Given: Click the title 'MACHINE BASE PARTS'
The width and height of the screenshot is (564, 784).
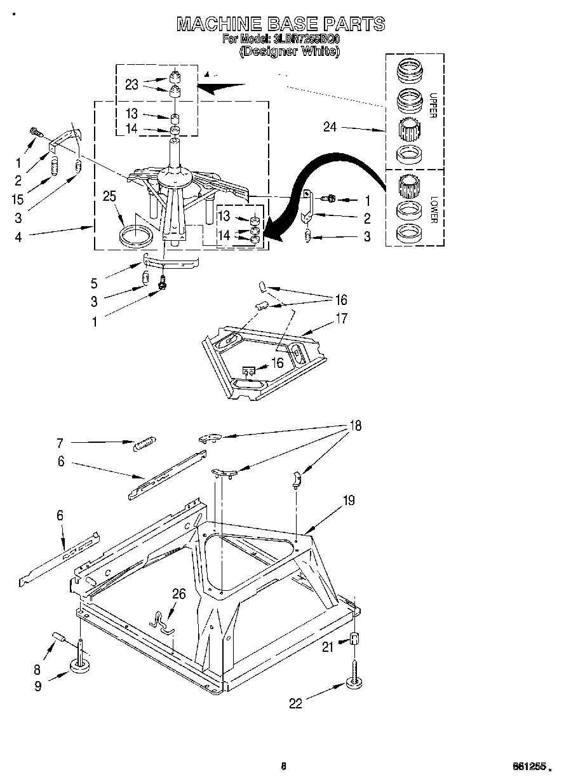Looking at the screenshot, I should pos(280,24).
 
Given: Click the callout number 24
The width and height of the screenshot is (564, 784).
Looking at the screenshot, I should pos(329,127).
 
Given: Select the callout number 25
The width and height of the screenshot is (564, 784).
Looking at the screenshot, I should pos(110,197).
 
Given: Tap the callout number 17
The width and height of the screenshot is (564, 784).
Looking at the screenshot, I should pos(341,318).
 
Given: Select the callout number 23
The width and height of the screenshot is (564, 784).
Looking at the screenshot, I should pos(131,84).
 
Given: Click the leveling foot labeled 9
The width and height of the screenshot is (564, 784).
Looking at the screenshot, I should pos(80,665).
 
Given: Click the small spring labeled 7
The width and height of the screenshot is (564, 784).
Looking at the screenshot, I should pos(145,443).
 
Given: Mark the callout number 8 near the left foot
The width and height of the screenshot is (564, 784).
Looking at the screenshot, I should pos(37,668).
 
